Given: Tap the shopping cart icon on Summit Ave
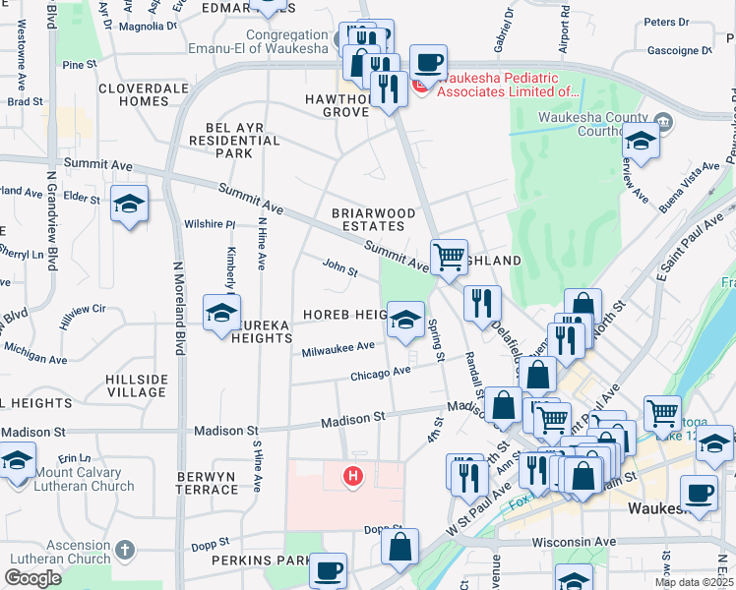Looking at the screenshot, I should point(449,258).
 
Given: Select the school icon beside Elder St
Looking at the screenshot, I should point(129,205).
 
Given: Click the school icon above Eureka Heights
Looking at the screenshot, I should point(221,315).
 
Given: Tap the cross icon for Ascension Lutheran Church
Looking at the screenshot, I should point(124,549).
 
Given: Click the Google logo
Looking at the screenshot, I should point(32,578).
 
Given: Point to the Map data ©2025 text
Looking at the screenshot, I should point(693,582).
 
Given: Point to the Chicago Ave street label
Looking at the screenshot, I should point(380,373).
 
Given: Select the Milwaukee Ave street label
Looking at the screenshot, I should point(337,347).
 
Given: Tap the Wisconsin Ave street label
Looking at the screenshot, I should point(573,542).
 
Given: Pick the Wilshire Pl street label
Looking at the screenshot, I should point(210,224).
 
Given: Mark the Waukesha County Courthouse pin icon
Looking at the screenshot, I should point(664,122).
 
